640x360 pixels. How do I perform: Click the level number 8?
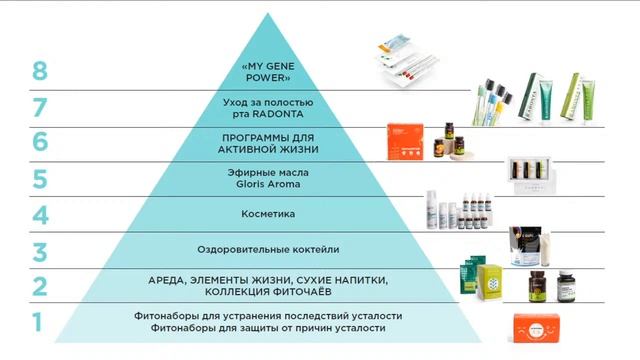point(40,72)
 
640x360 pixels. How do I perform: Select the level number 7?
point(40,106)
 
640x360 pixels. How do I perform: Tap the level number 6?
point(40,141)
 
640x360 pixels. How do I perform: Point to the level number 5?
point(40,178)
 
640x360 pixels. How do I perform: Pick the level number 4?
point(40,214)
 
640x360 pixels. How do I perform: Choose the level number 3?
point(40,250)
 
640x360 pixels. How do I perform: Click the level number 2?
point(40,286)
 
